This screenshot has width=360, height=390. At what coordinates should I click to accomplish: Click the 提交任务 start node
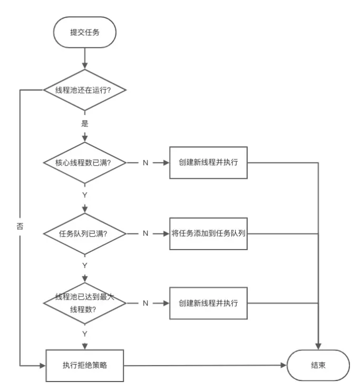(84, 32)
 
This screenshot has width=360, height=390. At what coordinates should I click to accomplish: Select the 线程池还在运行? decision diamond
(84, 90)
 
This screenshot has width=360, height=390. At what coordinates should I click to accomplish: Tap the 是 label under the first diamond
(84, 125)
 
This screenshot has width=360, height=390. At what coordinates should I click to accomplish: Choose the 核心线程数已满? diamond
(84, 162)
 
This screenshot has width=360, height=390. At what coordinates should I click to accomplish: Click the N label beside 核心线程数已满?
(145, 162)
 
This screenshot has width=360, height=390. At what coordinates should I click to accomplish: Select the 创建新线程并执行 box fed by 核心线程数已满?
(208, 162)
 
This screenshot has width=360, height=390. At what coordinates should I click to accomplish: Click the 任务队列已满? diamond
(84, 233)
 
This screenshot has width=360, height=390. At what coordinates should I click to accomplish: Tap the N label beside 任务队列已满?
(145, 233)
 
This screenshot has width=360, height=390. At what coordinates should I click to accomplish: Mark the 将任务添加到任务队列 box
(208, 233)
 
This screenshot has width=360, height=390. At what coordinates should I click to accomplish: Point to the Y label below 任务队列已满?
(84, 265)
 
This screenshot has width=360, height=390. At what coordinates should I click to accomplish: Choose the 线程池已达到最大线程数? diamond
(84, 303)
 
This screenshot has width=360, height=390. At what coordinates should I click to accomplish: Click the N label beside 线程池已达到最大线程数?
(145, 303)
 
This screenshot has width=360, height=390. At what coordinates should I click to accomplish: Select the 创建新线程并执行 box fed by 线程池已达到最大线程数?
(208, 303)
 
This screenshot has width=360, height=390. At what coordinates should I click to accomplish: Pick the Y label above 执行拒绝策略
(84, 334)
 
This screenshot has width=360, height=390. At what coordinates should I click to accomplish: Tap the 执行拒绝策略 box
(84, 365)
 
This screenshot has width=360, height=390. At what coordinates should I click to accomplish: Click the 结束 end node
(318, 365)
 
